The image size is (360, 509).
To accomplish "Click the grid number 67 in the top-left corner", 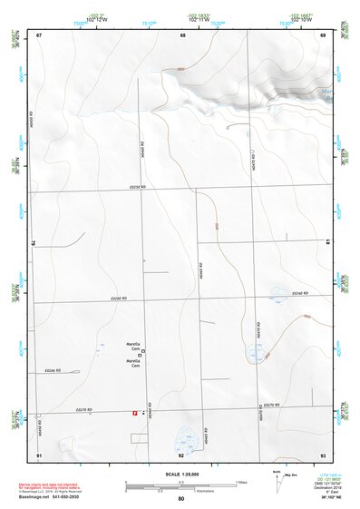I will (x=39, y=34).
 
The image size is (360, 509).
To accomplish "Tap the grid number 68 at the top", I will (x=182, y=34).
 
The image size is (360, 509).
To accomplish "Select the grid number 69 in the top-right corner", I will (x=323, y=34).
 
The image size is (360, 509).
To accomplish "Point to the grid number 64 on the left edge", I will (x=34, y=243).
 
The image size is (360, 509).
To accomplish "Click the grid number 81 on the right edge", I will (x=327, y=240).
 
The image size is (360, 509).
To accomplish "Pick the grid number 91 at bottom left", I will (x=39, y=454).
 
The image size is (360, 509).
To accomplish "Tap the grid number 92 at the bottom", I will (x=181, y=454).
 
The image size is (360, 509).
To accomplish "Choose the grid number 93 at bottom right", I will (x=323, y=454).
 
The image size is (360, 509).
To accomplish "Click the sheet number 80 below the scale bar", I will (x=181, y=499).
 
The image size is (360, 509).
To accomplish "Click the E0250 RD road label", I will (x=138, y=187).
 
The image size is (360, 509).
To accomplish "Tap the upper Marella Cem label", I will (x=133, y=345).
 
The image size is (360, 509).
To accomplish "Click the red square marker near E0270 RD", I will (x=135, y=413).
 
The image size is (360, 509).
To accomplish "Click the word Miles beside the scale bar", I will (x=241, y=481).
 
